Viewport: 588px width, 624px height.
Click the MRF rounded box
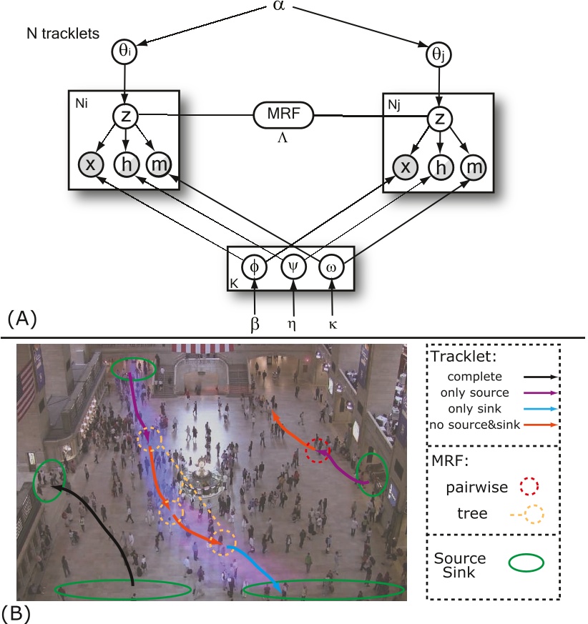(x=285, y=114)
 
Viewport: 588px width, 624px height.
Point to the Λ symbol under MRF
(x=284, y=138)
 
